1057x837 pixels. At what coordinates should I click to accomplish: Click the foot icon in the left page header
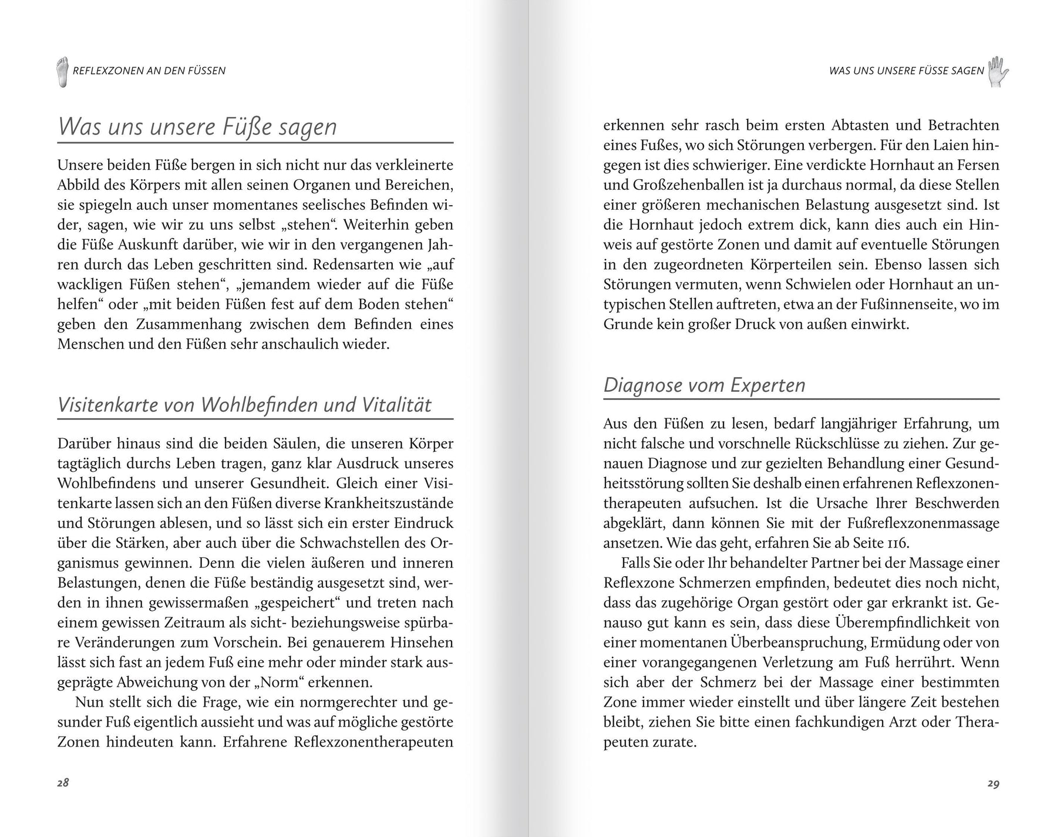[x=62, y=72]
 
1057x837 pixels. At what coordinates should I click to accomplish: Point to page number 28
[x=63, y=782]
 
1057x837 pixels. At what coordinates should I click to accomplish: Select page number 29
[x=993, y=783]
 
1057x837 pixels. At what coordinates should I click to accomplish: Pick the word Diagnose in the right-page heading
[x=638, y=385]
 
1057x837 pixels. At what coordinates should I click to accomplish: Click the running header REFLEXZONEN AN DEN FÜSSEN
[x=149, y=71]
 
